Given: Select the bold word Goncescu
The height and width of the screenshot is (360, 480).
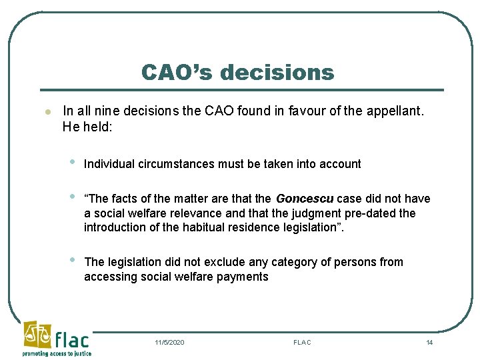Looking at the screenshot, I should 305,199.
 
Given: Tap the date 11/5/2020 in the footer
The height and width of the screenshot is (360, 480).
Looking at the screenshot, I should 169,342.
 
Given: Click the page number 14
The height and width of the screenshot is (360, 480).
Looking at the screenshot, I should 429,342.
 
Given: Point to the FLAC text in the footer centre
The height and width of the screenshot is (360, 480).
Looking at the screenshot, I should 302,342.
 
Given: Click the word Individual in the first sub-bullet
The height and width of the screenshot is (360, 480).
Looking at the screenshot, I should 109,164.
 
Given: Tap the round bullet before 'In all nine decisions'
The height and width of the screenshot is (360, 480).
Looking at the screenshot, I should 41,111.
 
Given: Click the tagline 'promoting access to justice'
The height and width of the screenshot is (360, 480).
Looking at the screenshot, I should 57,353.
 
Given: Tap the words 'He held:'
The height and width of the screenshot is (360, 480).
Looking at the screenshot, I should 87,125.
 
